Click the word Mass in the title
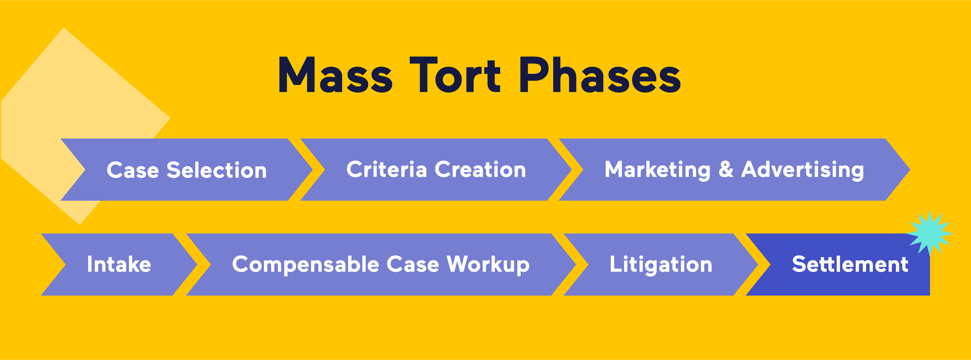tap(335, 75)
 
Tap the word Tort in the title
tap(455, 75)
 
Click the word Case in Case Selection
tap(133, 170)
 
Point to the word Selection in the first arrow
tap(217, 170)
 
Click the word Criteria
tap(387, 169)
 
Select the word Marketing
tap(657, 170)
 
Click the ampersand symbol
tap(726, 169)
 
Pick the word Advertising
tap(803, 170)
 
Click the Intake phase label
tap(119, 264)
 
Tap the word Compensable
tap(306, 264)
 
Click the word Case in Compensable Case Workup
tap(413, 264)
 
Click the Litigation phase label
tap(661, 265)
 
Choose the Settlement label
tap(850, 264)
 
